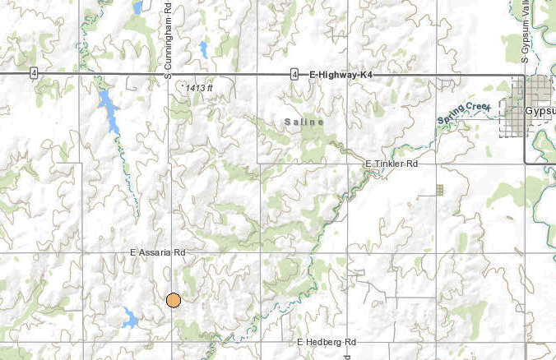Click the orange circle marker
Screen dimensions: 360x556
tap(173, 300)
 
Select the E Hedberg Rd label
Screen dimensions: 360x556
tap(326, 341)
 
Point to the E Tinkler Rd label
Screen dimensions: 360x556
tap(392, 164)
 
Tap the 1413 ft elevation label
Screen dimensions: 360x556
tap(199, 87)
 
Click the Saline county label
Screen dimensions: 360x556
tap(303, 122)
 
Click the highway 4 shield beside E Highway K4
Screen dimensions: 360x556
tap(294, 75)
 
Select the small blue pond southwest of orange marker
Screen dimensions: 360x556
tap(130, 316)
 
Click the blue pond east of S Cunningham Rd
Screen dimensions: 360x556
tap(202, 49)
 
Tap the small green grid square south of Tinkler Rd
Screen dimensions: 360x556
tap(440, 190)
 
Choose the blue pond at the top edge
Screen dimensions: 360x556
tap(137, 7)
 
